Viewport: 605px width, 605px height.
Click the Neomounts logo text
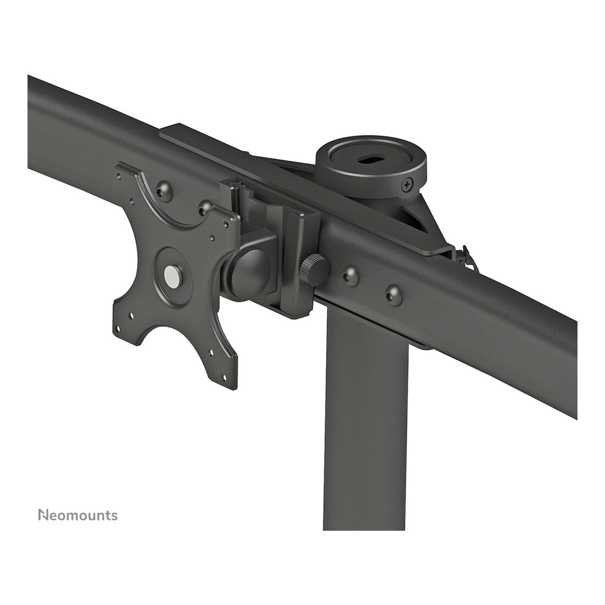78,515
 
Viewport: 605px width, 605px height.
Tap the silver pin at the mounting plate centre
171,274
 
